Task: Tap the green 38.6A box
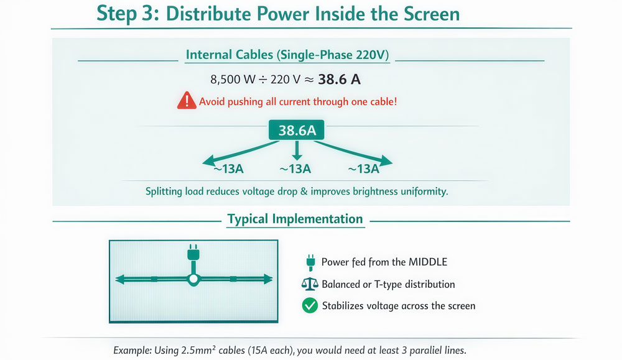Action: pyautogui.click(x=296, y=131)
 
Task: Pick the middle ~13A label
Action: pyautogui.click(x=295, y=168)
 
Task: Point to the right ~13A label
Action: pyautogui.click(x=363, y=168)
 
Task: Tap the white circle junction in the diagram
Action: pyautogui.click(x=193, y=279)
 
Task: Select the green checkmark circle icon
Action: pyautogui.click(x=309, y=305)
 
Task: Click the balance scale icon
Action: pyautogui.click(x=309, y=284)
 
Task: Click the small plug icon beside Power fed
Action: pyautogui.click(x=309, y=262)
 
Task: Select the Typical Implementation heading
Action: pyautogui.click(x=295, y=219)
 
